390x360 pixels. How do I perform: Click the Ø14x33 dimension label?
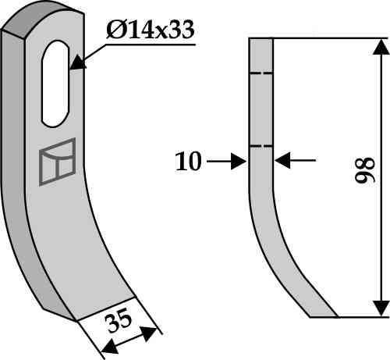click(x=151, y=30)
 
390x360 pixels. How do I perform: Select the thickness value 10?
click(x=188, y=162)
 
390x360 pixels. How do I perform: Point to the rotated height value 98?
click(x=365, y=170)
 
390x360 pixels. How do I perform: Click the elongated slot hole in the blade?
click(x=55, y=84)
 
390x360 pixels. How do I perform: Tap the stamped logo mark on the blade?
click(x=57, y=162)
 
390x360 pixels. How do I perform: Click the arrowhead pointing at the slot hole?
click(x=78, y=62)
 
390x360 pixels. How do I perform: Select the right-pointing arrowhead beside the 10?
click(x=239, y=162)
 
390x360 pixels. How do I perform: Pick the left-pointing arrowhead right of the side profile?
click(x=282, y=160)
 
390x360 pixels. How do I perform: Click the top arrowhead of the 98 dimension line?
click(x=381, y=47)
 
